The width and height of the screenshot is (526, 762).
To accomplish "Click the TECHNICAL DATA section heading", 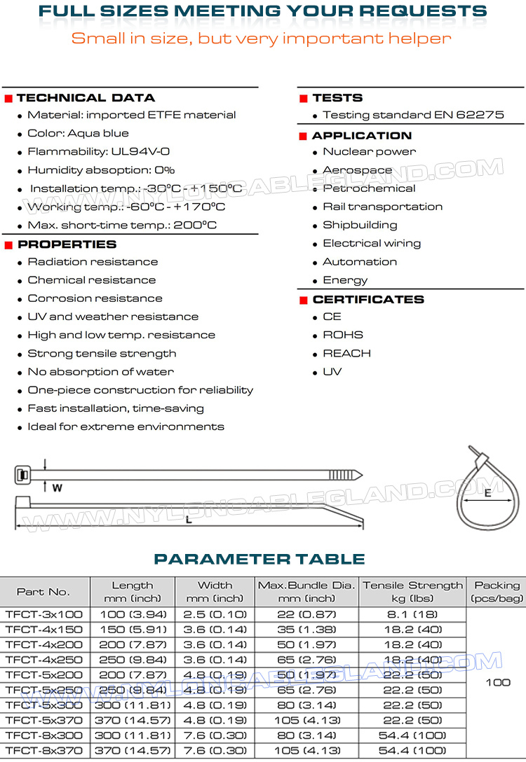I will point(86,98).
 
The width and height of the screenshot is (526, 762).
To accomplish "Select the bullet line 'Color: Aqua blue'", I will point(78,133).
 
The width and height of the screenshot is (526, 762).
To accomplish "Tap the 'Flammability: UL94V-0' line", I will point(98,151).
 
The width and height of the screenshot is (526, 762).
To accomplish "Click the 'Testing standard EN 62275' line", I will point(413,115).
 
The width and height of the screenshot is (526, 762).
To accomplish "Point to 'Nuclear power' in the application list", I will point(369,151).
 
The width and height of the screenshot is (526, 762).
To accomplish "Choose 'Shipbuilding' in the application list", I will point(360,225).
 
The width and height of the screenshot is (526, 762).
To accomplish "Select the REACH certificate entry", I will point(346,353).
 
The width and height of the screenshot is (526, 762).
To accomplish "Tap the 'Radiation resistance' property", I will point(93,262).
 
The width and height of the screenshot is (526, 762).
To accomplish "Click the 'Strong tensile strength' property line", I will point(102,353).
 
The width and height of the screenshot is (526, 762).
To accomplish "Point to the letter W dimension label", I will point(58,487).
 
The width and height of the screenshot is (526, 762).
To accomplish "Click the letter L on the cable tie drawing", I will point(189,520).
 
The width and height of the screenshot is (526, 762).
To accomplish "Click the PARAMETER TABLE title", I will point(259,559).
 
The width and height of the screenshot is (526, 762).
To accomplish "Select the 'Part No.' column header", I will point(43,592).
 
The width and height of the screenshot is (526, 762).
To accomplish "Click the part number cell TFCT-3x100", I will point(43,614).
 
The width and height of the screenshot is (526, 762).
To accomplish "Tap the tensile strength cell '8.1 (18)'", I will point(412,614).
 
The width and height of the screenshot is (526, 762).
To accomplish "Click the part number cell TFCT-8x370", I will point(43,749).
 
